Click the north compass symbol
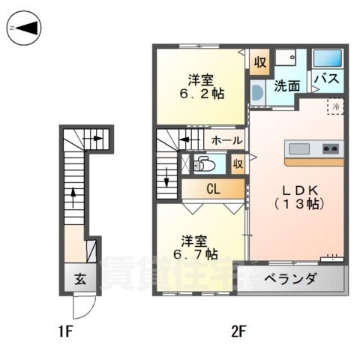pyautogui.click(x=24, y=28)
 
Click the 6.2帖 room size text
pyautogui.click(x=201, y=95)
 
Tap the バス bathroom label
pyautogui.click(x=327, y=78)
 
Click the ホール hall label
pyautogui.click(x=226, y=140)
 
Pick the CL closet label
pyautogui.click(x=213, y=190)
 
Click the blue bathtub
pyautogui.click(x=327, y=58)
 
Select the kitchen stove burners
pyautogui.click(x=330, y=148)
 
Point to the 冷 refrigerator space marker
pyautogui.click(x=336, y=106)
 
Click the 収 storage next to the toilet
pyautogui.click(x=238, y=163)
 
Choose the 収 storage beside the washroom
pyautogui.click(x=259, y=62)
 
